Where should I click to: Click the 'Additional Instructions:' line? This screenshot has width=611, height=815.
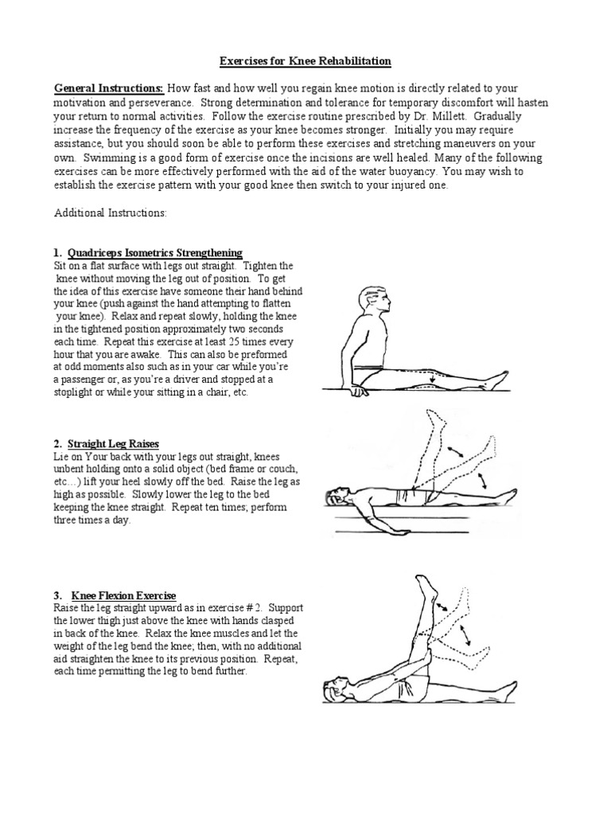(110, 214)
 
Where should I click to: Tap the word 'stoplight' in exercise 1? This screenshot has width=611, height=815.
(76, 392)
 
